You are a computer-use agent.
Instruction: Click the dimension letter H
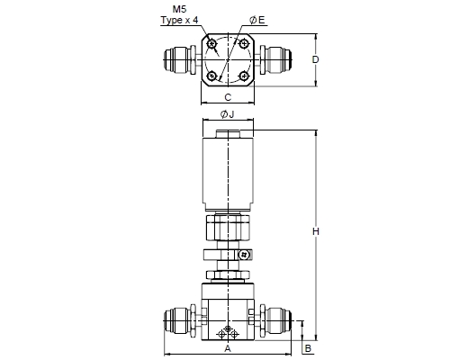(315, 231)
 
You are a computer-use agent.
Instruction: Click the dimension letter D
(315, 59)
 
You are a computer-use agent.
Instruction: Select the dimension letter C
(228, 97)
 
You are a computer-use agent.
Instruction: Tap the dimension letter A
(228, 348)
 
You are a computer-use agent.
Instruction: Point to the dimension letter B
(308, 348)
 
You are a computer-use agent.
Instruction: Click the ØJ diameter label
(227, 114)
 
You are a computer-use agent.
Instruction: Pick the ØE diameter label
(257, 20)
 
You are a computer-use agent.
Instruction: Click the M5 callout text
(179, 9)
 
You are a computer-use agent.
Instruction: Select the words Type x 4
(179, 20)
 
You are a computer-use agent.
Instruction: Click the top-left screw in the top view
(212, 44)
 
